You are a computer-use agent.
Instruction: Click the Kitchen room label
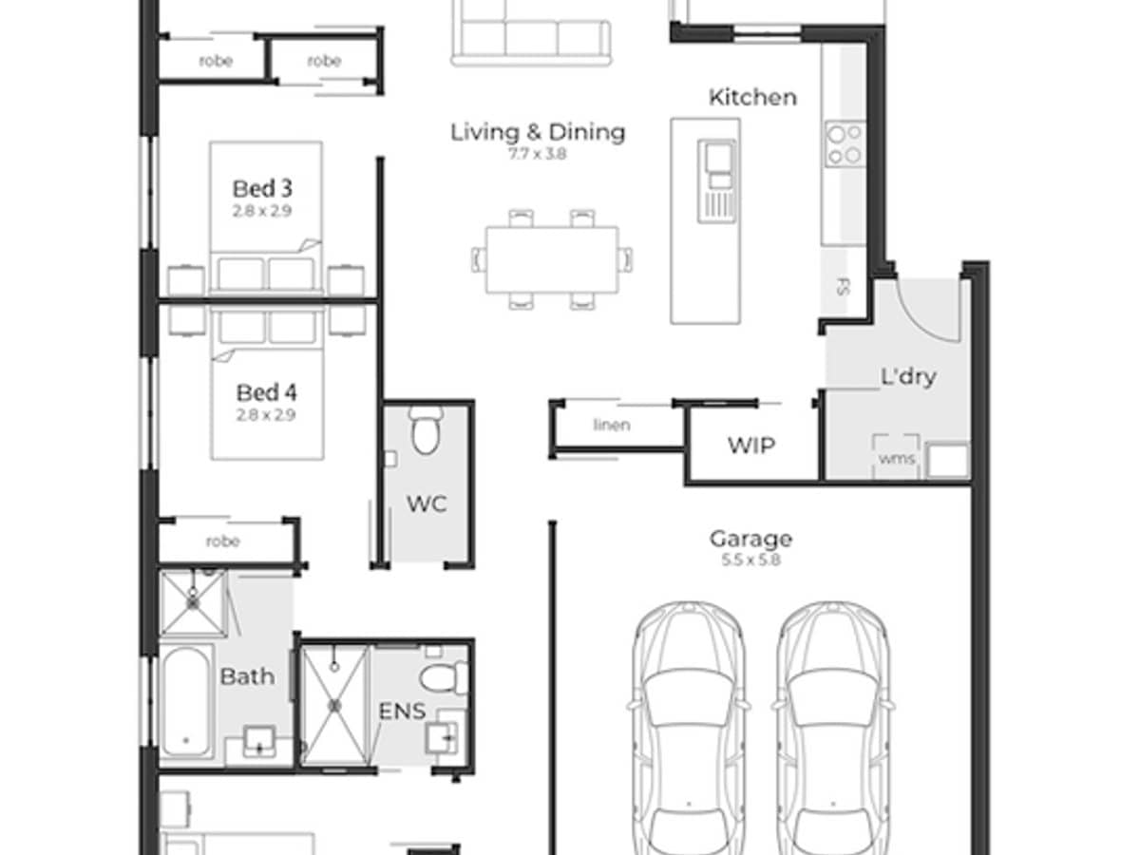pyautogui.click(x=752, y=97)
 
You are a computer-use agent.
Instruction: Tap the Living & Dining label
pyautogui.click(x=538, y=131)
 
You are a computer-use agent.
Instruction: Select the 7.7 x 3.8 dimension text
pyautogui.click(x=538, y=153)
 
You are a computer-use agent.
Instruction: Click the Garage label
pyautogui.click(x=750, y=540)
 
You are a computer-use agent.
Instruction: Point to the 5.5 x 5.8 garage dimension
pyautogui.click(x=750, y=560)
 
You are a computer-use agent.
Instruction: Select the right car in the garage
pyautogui.click(x=832, y=727)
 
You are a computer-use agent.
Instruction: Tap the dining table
pyautogui.click(x=552, y=259)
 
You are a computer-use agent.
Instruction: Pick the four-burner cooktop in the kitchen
pyautogui.click(x=845, y=144)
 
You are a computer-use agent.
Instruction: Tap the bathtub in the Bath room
pyautogui.click(x=185, y=700)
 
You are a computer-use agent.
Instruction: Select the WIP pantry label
pyautogui.click(x=751, y=446)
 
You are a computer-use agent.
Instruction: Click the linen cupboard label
pyautogui.click(x=611, y=425)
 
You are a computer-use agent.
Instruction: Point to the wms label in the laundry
pyautogui.click(x=896, y=459)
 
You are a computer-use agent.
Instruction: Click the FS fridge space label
pyautogui.click(x=842, y=286)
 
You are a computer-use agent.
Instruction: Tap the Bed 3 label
pyautogui.click(x=262, y=188)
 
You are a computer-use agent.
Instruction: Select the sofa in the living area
pyautogui.click(x=530, y=33)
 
